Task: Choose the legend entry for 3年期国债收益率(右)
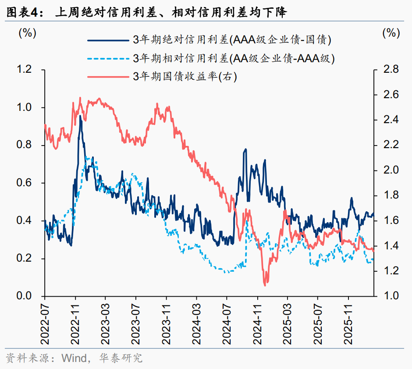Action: (185, 77)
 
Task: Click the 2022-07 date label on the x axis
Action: (45, 322)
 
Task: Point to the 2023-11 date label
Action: (167, 322)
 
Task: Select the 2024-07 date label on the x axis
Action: (227, 322)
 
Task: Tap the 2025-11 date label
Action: (349, 322)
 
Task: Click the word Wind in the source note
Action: (73, 358)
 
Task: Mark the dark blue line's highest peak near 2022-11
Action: (80, 117)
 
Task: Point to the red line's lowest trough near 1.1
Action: (265, 285)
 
